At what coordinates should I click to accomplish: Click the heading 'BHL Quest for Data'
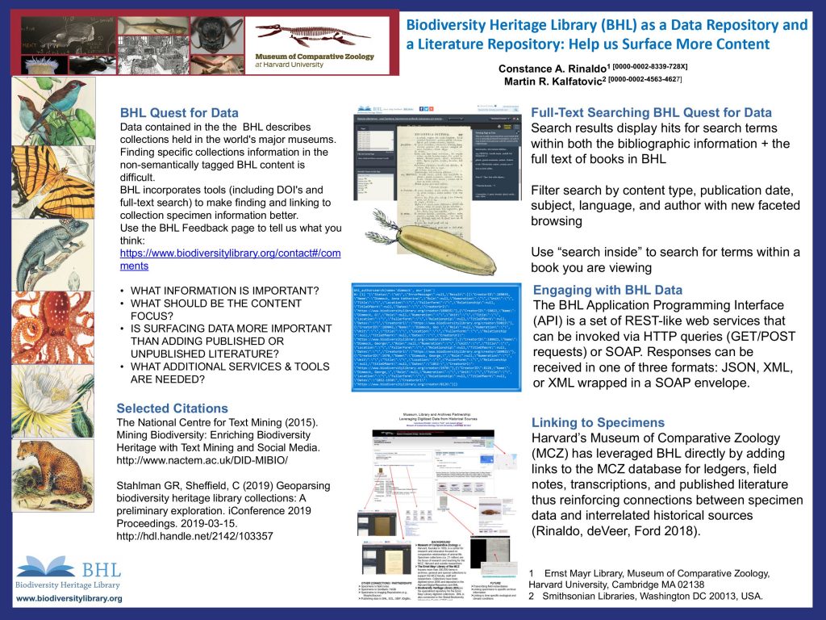(x=179, y=113)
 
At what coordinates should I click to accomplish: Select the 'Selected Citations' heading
(x=172, y=408)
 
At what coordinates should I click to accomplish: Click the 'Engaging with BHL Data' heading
(x=607, y=290)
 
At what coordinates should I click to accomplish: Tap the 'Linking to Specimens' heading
(x=598, y=422)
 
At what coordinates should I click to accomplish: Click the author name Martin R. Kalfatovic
(x=554, y=82)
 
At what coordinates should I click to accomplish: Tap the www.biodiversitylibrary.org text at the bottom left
(x=69, y=599)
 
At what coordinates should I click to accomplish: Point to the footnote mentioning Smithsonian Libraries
(x=645, y=596)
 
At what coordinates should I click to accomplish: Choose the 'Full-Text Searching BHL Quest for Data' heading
(x=652, y=113)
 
